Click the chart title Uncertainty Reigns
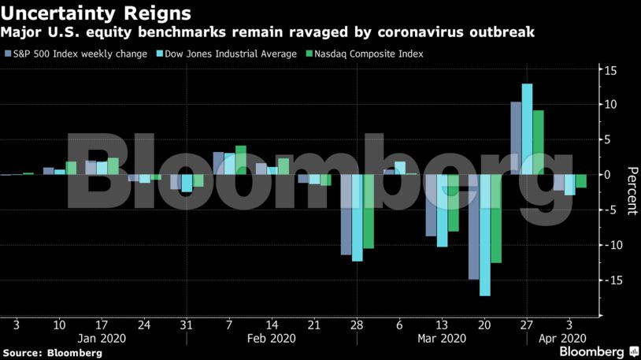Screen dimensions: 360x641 [96, 13]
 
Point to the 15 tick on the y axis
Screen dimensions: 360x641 [610, 70]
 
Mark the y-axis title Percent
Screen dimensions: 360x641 [631, 191]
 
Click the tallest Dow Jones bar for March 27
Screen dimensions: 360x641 [527, 129]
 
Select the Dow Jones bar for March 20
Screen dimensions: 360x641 [484, 235]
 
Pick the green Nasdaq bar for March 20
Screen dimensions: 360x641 [495, 218]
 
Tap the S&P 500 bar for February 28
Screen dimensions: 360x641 [346, 214]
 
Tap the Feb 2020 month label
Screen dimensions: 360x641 [272, 340]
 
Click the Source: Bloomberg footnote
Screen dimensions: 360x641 [52, 353]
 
